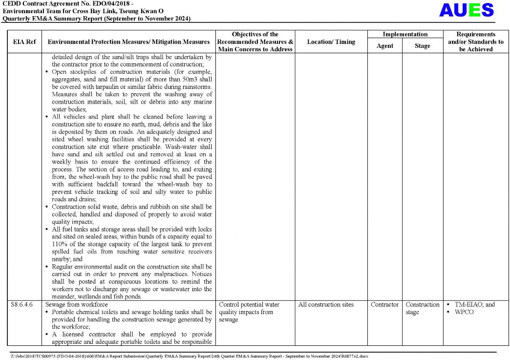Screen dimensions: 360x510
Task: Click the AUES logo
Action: [466, 10]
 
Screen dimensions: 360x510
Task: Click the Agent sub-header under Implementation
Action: [384, 46]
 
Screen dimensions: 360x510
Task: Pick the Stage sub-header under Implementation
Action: [422, 46]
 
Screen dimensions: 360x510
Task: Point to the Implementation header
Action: [404, 34]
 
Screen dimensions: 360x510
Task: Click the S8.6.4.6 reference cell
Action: [22, 304]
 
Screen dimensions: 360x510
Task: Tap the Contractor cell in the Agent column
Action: [384, 304]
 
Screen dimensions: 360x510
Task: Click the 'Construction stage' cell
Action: [422, 308]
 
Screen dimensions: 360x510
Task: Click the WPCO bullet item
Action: [464, 312]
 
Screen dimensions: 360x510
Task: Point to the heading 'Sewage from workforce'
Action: [76, 304]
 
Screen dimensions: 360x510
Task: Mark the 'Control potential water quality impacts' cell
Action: [249, 312]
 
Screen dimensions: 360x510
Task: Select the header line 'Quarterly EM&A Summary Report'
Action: [96, 19]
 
